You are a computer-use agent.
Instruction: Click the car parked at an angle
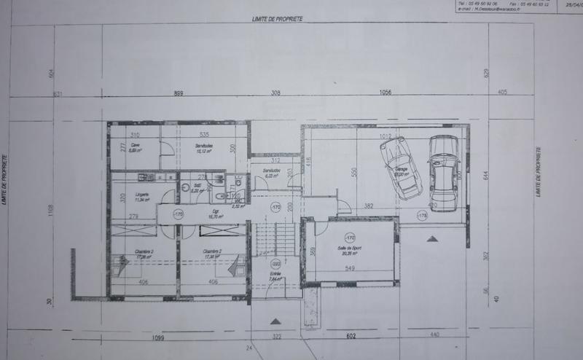400,168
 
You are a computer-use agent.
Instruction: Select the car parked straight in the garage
443,172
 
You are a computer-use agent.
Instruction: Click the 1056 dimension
386,93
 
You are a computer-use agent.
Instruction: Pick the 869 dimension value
177,93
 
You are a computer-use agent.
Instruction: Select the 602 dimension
353,336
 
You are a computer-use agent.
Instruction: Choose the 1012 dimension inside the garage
386,136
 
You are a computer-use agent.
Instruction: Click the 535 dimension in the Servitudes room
206,136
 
